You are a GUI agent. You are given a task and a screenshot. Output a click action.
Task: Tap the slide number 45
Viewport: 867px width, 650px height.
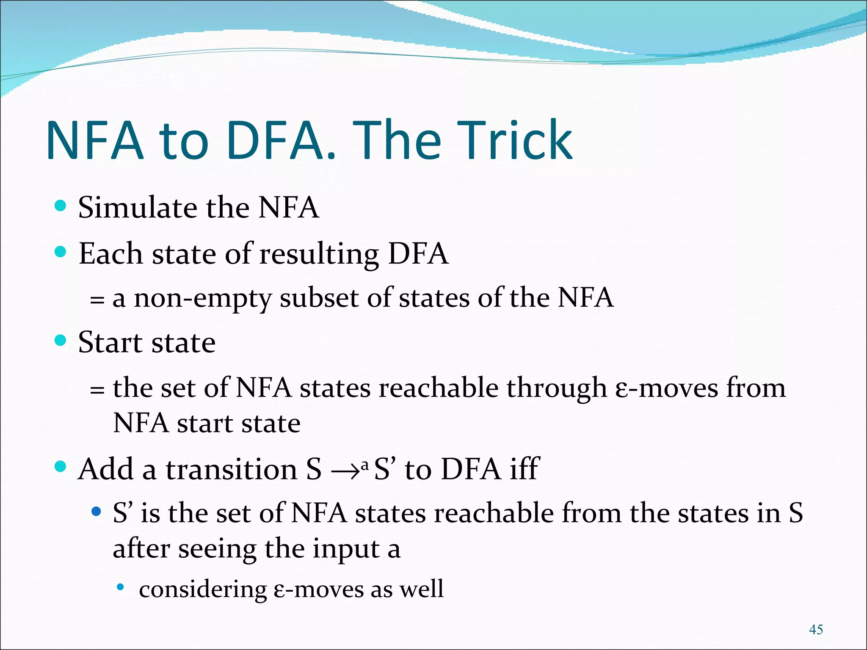coord(815,629)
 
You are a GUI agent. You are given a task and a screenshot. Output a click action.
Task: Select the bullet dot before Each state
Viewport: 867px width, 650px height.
coord(61,252)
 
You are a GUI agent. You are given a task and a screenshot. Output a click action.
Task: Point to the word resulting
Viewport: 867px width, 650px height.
coord(319,254)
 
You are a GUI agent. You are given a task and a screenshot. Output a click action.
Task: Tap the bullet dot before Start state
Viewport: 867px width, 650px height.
coord(61,340)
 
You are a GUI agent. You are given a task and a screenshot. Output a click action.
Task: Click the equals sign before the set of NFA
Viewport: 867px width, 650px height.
coord(97,389)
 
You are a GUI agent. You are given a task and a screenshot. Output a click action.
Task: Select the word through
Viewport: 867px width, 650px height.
coord(557,388)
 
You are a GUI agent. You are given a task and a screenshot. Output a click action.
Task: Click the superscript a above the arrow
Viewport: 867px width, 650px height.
coord(365,465)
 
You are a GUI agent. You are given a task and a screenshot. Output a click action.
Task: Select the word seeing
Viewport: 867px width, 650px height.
coord(217,549)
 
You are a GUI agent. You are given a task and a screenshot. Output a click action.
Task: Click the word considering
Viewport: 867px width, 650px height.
coord(203,589)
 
